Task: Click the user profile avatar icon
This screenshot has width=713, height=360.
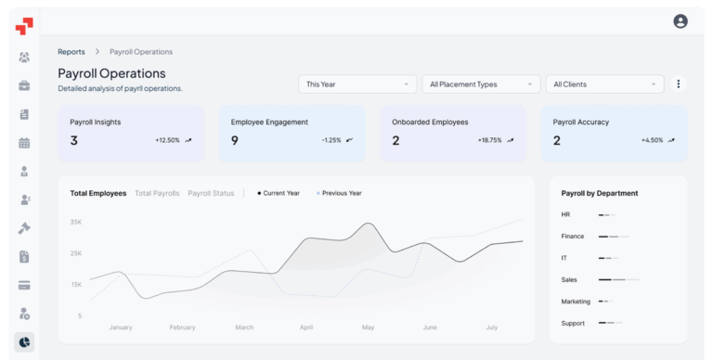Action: pos(681,21)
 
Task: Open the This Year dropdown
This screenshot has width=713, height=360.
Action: pos(357,84)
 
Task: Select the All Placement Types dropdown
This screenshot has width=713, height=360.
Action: pos(480,84)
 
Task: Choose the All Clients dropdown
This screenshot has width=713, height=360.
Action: pos(604,84)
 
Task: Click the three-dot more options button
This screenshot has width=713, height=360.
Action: pos(679,84)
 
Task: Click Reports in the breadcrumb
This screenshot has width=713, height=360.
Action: pos(71,52)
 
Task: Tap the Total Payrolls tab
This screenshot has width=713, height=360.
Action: pos(157,193)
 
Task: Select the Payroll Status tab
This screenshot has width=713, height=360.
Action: pos(211,193)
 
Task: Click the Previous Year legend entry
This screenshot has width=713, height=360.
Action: pos(339,193)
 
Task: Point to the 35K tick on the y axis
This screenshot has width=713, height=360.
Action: pos(76,223)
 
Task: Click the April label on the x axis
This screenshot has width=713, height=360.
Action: pos(306,328)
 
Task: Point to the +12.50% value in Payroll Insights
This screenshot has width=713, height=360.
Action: pos(167,140)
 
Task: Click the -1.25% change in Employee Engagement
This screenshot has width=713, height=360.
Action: pos(331,140)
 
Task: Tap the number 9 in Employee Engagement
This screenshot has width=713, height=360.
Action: pos(235,140)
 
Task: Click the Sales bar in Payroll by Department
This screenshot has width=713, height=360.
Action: pos(618,279)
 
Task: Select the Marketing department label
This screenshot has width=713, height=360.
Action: pos(576,302)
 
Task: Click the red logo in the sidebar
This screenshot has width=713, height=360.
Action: pos(24,26)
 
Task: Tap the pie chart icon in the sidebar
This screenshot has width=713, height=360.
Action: pos(24,342)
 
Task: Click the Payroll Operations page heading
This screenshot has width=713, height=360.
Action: pos(111,73)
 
